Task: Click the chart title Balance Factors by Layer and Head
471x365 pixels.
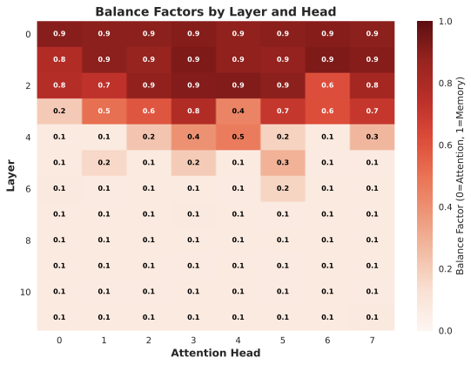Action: tap(215, 11)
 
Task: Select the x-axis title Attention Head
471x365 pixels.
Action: tap(215, 354)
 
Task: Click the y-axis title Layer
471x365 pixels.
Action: tap(11, 175)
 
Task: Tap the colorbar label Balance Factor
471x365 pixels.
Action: tap(459, 175)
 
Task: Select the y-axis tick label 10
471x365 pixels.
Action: tap(25, 291)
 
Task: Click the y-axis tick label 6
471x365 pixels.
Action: tap(28, 188)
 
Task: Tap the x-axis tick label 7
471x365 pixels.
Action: tap(373, 340)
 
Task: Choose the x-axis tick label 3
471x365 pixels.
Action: tap(193, 340)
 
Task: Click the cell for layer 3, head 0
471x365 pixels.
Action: tap(59, 111)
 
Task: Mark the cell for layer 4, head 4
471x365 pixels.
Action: tap(238, 137)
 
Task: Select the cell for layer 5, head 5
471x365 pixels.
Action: tap(283, 162)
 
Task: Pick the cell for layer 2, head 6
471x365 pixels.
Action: tap(327, 85)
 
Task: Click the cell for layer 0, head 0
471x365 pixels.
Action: tap(59, 33)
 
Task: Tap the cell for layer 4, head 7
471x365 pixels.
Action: tap(373, 137)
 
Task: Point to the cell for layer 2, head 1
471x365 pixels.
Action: tap(104, 85)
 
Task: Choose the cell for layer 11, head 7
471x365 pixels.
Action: tap(373, 317)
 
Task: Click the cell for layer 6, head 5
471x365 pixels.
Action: tap(283, 188)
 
